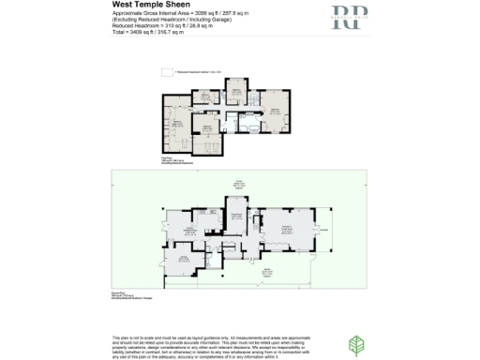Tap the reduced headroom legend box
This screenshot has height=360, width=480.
pyautogui.click(x=165, y=70)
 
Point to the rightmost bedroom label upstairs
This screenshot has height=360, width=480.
pyautogui.click(x=276, y=111)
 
